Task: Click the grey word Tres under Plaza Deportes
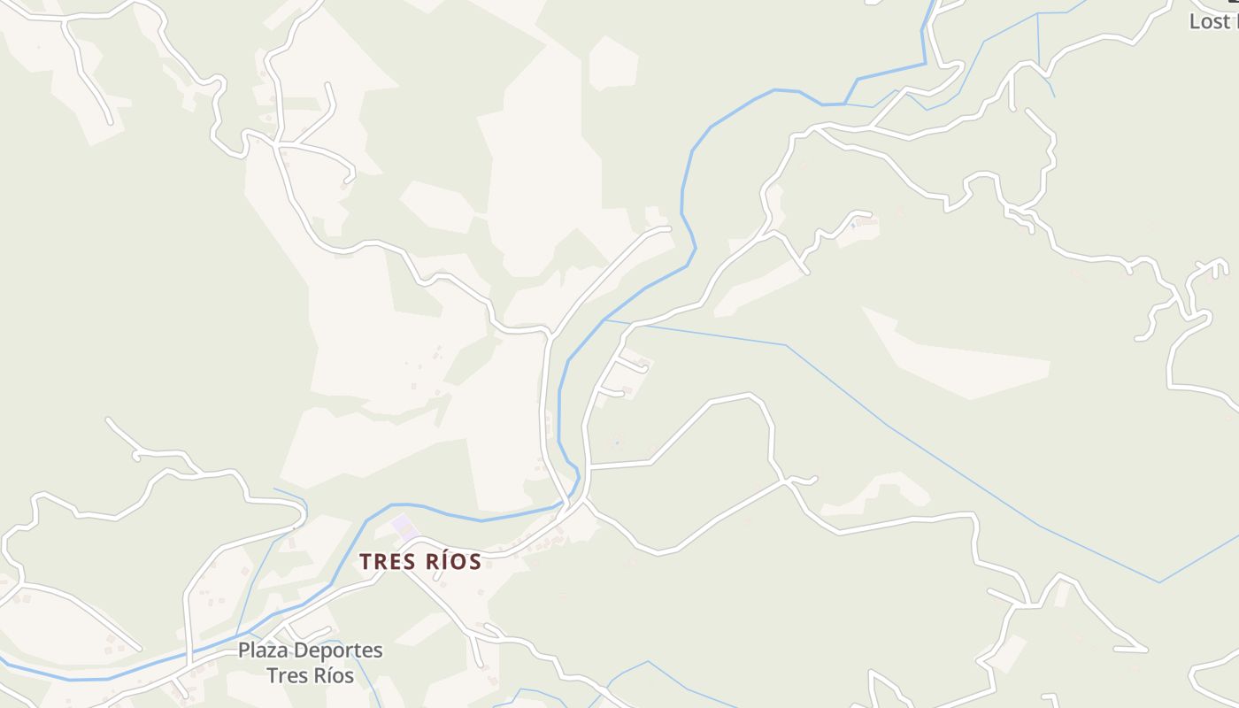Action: click(284, 675)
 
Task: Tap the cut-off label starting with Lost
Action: click(1213, 22)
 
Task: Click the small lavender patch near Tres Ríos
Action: click(404, 526)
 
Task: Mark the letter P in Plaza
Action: click(244, 650)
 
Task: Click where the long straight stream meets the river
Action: click(605, 319)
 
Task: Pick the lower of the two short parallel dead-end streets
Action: click(611, 390)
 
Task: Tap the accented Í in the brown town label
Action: click(433, 561)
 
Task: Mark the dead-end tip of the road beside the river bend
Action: click(668, 228)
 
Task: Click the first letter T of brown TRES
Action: click(366, 561)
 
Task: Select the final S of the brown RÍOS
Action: click(475, 561)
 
